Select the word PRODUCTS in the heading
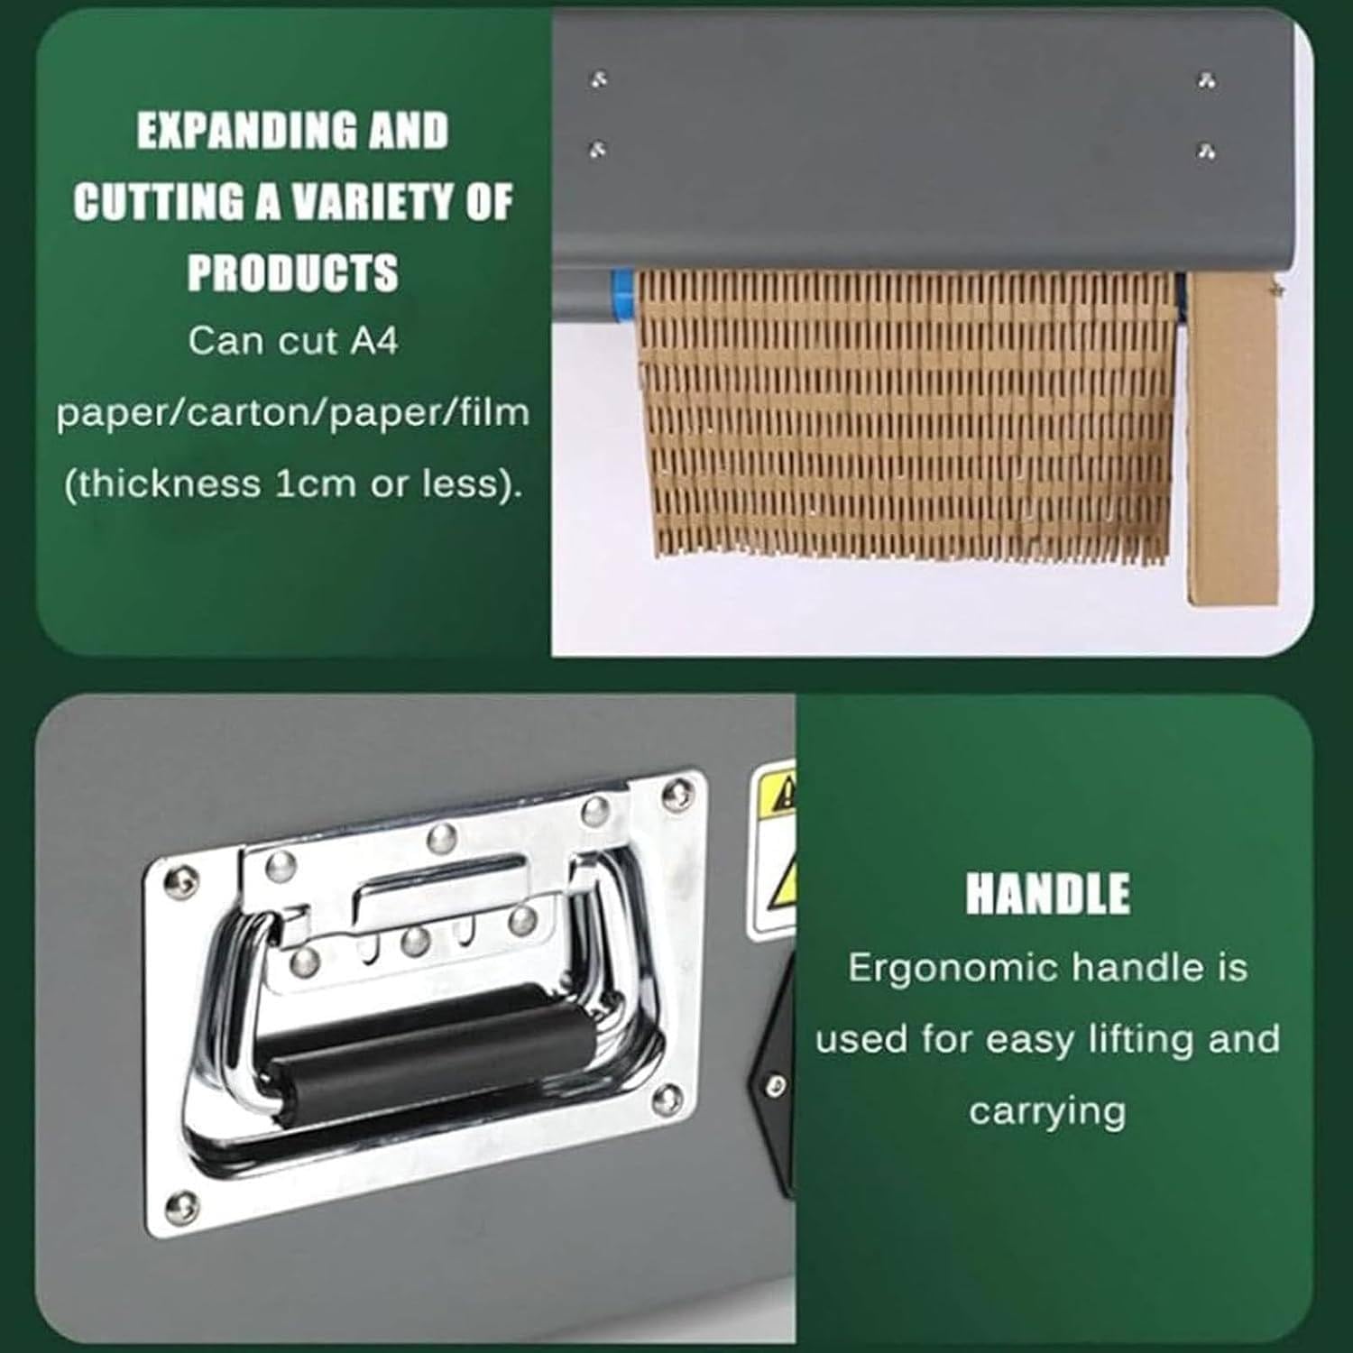pyautogui.click(x=292, y=272)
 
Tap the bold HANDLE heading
pyautogui.click(x=1047, y=894)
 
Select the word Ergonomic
pyautogui.click(x=953, y=969)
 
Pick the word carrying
pyautogui.click(x=1047, y=1111)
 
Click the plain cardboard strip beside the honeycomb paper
pyautogui.click(x=1232, y=437)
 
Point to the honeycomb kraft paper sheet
pyautogui.click(x=907, y=415)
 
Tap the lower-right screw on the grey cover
pyautogui.click(x=1207, y=151)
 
